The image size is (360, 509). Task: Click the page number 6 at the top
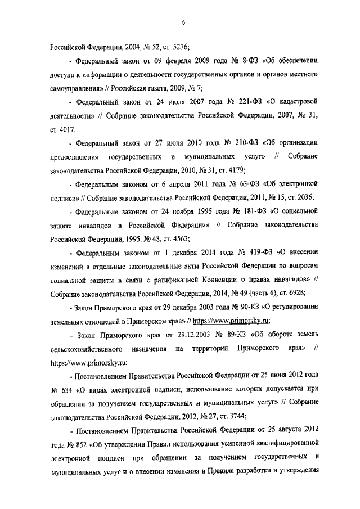pos(183,22)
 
